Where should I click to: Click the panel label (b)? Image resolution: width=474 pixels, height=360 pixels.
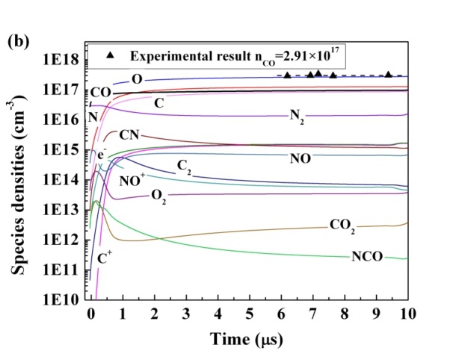click(x=18, y=42)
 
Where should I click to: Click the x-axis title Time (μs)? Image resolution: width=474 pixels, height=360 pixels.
click(x=249, y=338)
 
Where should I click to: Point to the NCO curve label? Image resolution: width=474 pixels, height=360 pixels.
click(x=367, y=257)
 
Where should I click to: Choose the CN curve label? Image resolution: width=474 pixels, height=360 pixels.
click(x=129, y=136)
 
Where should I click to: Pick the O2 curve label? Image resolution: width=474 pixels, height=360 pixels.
click(x=158, y=195)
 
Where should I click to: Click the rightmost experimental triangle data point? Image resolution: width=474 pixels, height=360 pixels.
click(x=388, y=75)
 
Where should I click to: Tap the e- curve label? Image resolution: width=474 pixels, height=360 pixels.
click(x=102, y=154)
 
